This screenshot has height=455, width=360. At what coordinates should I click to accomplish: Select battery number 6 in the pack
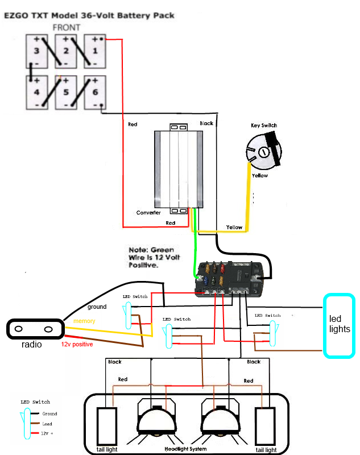tap(95, 93)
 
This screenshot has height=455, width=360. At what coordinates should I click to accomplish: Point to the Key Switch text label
tap(264, 125)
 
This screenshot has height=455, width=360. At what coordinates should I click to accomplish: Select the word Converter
tap(148, 213)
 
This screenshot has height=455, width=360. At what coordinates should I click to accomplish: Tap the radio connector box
tap(34, 329)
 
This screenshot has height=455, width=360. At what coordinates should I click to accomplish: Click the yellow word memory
tap(84, 321)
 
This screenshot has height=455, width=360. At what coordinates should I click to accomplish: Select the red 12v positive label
tap(77, 344)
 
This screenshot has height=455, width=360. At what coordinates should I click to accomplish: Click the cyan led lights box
tap(340, 325)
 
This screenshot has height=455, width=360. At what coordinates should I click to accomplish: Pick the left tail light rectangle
tap(106, 425)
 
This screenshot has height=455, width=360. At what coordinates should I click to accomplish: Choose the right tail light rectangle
tap(264, 425)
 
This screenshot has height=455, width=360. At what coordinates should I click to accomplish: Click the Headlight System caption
tap(186, 449)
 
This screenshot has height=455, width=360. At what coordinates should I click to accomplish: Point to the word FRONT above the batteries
tap(66, 27)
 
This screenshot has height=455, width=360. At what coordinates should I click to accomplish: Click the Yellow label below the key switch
tap(260, 176)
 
